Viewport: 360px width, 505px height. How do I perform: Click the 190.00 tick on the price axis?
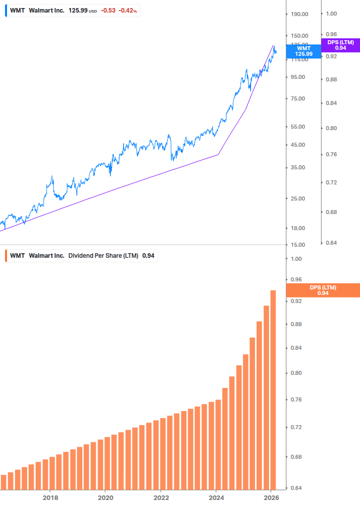(299, 14)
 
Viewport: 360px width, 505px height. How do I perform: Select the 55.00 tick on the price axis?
(299, 127)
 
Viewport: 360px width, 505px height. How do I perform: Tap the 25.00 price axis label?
(299, 198)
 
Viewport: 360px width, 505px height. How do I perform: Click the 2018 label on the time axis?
(50, 498)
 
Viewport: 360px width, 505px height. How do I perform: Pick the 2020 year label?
(105, 498)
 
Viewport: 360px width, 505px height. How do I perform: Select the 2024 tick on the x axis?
(216, 498)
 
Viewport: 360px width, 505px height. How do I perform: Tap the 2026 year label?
(271, 498)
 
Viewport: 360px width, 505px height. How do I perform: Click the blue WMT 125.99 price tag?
(304, 51)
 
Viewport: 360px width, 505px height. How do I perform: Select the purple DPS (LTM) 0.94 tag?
(340, 45)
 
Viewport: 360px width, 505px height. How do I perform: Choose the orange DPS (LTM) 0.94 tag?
(323, 290)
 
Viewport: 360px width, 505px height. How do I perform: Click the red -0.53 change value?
(108, 11)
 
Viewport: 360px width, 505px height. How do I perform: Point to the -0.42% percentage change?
(128, 11)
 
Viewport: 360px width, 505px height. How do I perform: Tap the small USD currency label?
(93, 11)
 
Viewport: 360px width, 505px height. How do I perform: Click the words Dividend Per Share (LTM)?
(103, 256)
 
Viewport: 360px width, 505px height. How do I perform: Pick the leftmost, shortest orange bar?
(4, 482)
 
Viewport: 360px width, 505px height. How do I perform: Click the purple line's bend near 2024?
(218, 154)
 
